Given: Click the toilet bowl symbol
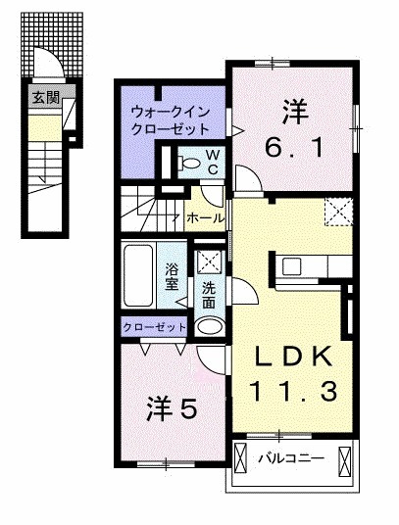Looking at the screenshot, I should pyautogui.click(x=190, y=161).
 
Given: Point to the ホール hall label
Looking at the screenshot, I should pyautogui.click(x=200, y=217).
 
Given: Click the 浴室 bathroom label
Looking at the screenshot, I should pyautogui.click(x=172, y=276).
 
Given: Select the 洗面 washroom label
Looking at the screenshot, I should pyautogui.click(x=208, y=295).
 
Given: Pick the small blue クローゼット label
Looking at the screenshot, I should pyautogui.click(x=155, y=325).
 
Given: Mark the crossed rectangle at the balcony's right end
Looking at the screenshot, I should pyautogui.click(x=344, y=458).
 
